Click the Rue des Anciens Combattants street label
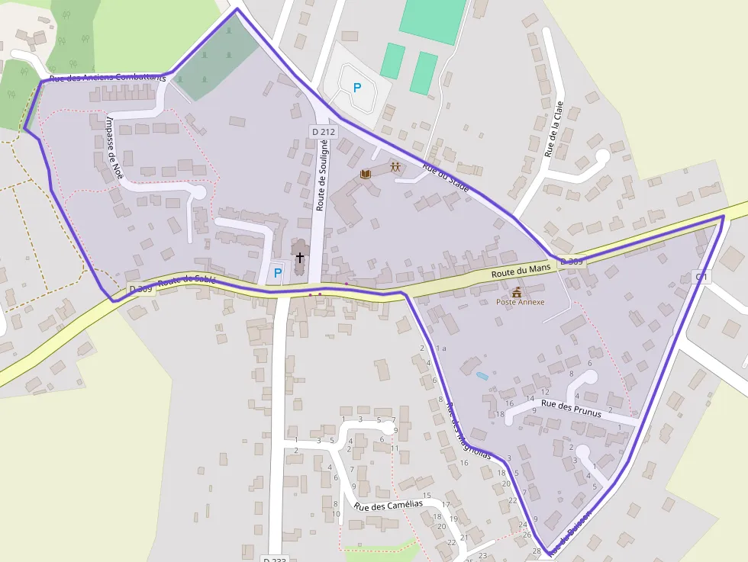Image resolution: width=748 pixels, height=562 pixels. (107, 78)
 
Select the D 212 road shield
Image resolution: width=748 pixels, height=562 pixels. (324, 132)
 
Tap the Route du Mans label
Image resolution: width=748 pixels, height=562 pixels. (521, 272)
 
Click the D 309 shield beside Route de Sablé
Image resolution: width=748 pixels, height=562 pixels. (140, 289)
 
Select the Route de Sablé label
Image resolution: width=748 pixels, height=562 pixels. (187, 283)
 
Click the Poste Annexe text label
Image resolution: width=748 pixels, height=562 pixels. (521, 302)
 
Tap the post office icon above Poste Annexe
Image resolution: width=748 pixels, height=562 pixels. (517, 291)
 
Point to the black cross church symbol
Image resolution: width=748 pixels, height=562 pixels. (300, 258)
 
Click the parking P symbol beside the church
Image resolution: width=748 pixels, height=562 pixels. (278, 272)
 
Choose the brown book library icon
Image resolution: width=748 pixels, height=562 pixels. (366, 175)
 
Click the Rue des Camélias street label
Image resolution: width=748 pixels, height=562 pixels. (388, 505)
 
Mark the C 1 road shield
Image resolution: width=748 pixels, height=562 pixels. (701, 276)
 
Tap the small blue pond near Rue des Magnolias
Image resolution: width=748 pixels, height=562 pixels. (482, 376)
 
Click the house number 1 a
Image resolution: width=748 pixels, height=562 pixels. (440, 348)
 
